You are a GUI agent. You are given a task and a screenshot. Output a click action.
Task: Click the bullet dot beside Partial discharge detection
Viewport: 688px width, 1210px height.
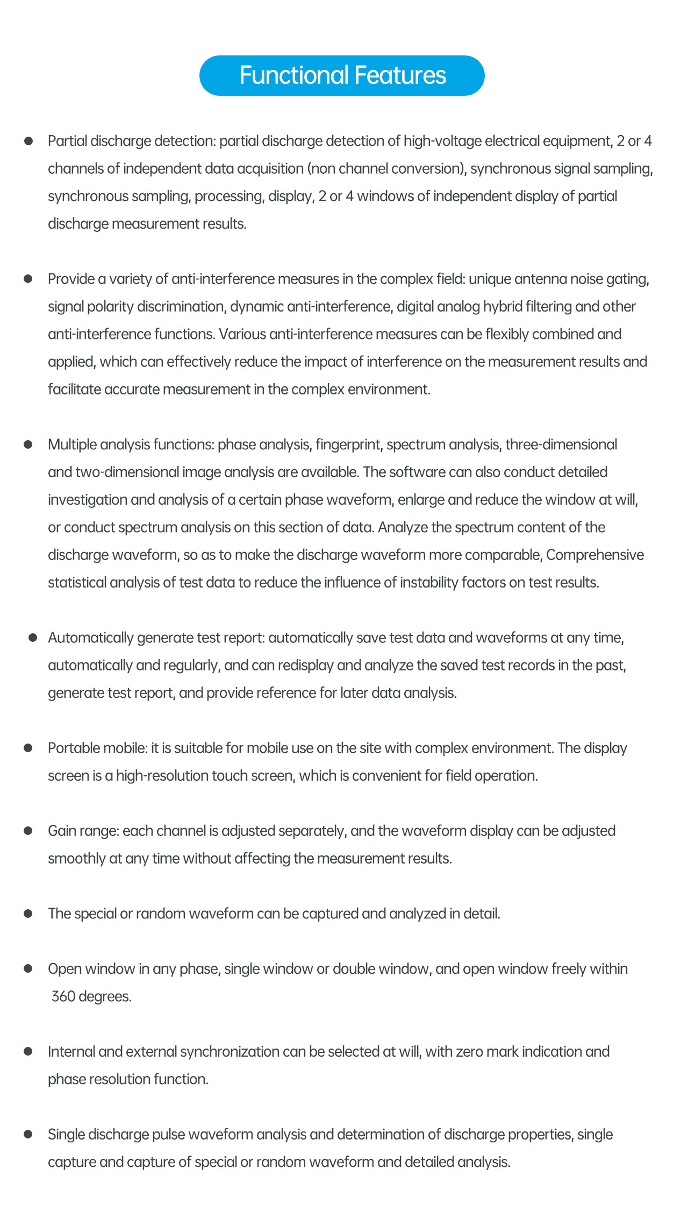pos(28,141)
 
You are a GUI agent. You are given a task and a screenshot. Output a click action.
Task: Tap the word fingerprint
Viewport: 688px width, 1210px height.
pos(348,445)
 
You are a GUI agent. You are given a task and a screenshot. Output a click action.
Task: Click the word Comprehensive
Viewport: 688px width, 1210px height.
pos(595,555)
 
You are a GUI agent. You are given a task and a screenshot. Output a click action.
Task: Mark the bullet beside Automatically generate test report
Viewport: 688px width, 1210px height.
pos(33,638)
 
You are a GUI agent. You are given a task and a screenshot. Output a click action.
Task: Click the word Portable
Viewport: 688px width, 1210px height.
pos(70,748)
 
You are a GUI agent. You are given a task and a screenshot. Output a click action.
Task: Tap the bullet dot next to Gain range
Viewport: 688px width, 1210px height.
pos(28,831)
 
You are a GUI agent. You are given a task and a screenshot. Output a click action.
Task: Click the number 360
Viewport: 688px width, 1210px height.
pos(63,997)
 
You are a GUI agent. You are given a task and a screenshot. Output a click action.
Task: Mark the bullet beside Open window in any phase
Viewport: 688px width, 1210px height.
pos(28,969)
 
